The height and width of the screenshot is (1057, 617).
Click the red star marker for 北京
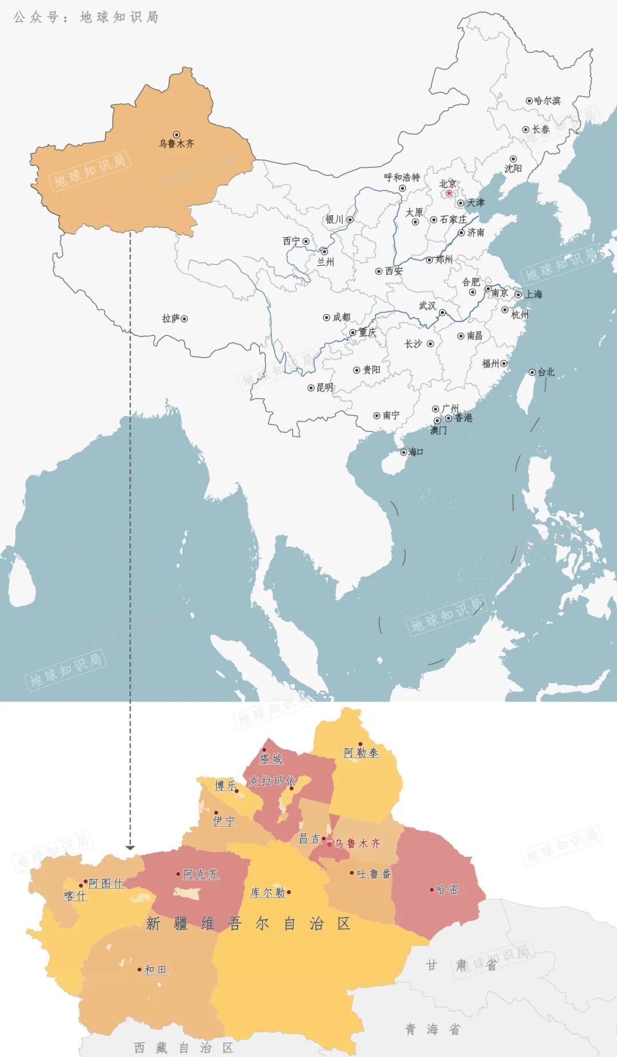[449, 194]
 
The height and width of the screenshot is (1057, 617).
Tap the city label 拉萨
[171, 319]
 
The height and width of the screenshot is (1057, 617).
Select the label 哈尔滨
[547, 101]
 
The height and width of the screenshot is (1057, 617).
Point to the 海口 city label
[415, 452]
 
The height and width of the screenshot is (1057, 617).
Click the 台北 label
[546, 372]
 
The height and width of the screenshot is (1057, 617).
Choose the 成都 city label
[342, 317]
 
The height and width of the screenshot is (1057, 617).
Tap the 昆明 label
[324, 387]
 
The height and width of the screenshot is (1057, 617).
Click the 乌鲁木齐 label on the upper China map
[177, 144]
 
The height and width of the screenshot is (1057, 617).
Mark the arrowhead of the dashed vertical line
[130, 847]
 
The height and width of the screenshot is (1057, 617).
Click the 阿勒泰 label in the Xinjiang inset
[361, 752]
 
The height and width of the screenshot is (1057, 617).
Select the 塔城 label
[271, 759]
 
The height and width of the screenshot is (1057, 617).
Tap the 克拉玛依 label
[272, 781]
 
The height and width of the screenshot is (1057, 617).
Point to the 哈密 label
[447, 890]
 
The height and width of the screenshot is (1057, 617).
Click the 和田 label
[155, 970]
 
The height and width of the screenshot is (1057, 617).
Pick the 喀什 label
[75, 896]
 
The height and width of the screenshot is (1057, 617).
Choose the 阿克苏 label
[201, 874]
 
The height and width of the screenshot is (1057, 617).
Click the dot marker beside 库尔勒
[289, 892]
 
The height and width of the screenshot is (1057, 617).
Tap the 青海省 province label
[432, 1030]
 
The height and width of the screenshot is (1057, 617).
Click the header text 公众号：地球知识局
[86, 17]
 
